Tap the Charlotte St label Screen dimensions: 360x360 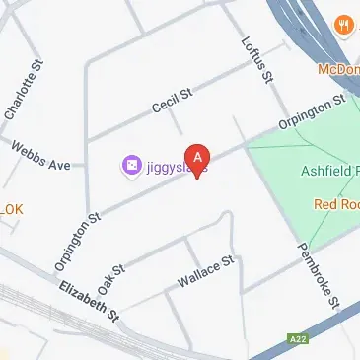pos(25,92)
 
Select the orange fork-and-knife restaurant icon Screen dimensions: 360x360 pos(344,25)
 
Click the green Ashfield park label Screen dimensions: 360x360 pos(329,171)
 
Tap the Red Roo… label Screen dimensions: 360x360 pos(335,204)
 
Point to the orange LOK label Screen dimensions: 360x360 pos(11,210)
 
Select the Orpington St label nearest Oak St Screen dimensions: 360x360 pos(77,243)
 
